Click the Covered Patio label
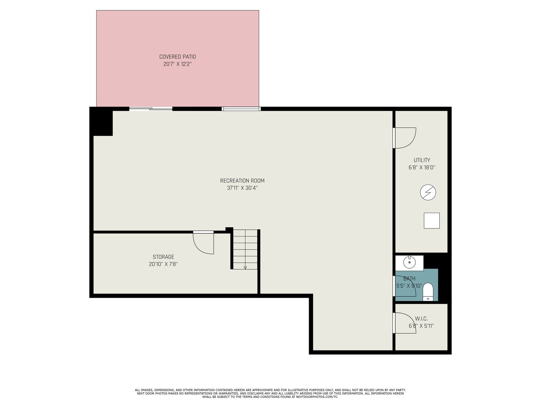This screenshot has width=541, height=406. [x=178, y=57]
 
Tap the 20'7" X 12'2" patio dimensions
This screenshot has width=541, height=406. [x=178, y=64]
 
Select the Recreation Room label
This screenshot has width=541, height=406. [x=242, y=181]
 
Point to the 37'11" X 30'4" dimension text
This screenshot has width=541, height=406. [x=242, y=188]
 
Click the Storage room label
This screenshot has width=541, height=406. [x=163, y=257]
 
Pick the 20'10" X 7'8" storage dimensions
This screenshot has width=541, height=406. [x=163, y=264]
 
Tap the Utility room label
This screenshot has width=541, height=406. [x=422, y=160]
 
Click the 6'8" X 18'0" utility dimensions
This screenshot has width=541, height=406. [x=422, y=167]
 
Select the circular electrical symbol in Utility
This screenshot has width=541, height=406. [x=428, y=192]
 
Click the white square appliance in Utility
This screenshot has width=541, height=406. [x=431, y=221]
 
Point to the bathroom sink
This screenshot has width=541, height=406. [x=409, y=263]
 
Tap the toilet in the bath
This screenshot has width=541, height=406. [x=428, y=292]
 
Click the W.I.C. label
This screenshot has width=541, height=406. [x=421, y=319]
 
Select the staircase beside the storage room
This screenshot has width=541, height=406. [x=245, y=249]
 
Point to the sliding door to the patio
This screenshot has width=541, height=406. [x=150, y=109]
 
